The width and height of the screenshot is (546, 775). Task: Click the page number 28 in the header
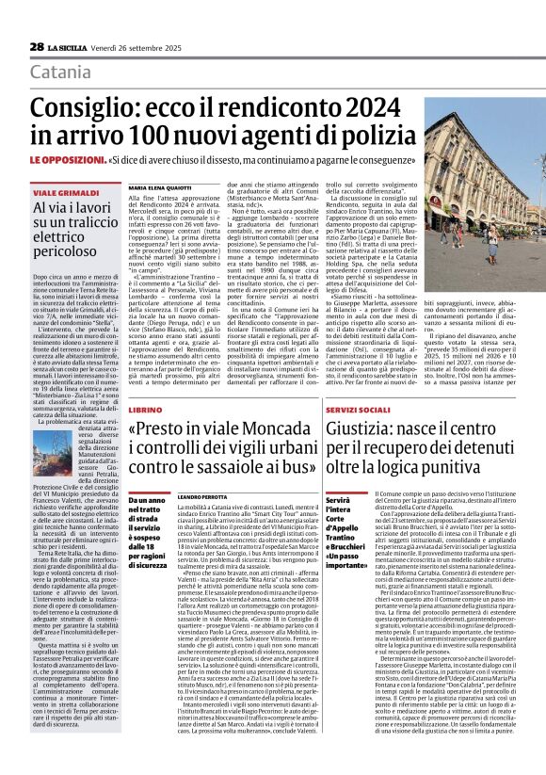37,46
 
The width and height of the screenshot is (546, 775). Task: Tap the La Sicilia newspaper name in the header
69,47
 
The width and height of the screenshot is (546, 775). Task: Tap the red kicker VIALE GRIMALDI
58,192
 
